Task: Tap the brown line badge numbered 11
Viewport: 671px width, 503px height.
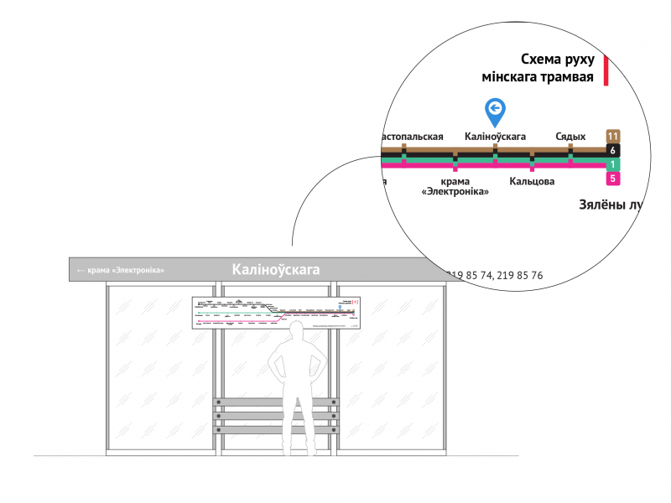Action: point(613,136)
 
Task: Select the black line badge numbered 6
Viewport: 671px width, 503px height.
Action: point(613,150)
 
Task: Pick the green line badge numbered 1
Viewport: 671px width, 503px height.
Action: point(613,164)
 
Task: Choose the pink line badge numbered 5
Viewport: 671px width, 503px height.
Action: point(613,179)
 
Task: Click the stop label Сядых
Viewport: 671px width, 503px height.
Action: point(570,136)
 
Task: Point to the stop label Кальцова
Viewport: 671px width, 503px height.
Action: point(532,181)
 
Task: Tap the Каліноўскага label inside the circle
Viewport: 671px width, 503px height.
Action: point(495,136)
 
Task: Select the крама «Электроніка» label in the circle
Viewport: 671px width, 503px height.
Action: point(455,186)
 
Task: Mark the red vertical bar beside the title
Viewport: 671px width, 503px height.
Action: point(605,70)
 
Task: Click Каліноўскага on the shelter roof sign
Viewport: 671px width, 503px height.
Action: point(276,269)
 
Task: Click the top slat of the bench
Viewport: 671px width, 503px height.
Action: point(276,403)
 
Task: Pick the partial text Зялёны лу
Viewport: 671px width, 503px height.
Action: point(611,204)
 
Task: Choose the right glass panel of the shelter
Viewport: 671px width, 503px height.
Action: point(391,369)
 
